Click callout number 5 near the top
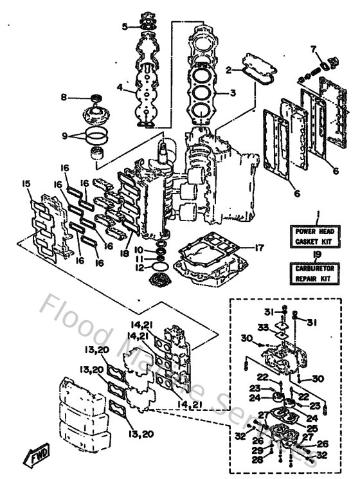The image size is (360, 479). pos(125,27)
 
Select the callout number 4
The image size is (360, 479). pos(120,87)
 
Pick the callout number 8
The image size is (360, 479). pos(64,97)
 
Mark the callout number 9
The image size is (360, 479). pos(64,136)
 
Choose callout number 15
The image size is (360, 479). pos(26,184)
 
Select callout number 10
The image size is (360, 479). pos(138,248)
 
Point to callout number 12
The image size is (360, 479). pos(138,267)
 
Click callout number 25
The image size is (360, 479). pos(313,428)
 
